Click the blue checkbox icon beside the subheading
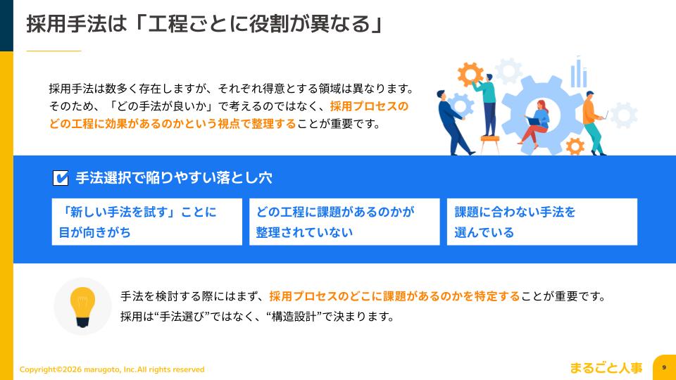point(61,178)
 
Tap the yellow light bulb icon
point(82,307)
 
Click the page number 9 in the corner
point(664,367)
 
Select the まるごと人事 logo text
point(606,367)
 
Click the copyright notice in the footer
point(112,369)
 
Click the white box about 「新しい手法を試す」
point(146,222)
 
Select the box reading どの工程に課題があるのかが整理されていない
point(344,222)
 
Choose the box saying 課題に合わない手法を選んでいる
point(542,222)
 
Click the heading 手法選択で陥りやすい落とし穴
point(173,178)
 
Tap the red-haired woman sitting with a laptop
point(537,123)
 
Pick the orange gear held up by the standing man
point(470,73)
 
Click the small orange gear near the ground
point(575,146)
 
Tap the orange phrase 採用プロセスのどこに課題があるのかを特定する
point(394,296)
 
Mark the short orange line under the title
point(54,51)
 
